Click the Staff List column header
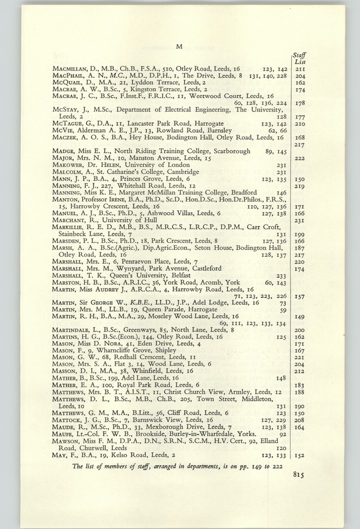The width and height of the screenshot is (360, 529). click(x=299, y=58)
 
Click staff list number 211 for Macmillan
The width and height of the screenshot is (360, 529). click(x=299, y=69)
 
